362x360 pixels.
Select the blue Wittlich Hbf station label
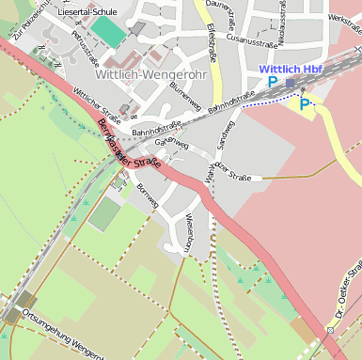pyautogui.click(x=291, y=70)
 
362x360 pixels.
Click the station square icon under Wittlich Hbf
pyautogui.click(x=291, y=83)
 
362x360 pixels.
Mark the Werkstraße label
pyautogui.click(x=344, y=19)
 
